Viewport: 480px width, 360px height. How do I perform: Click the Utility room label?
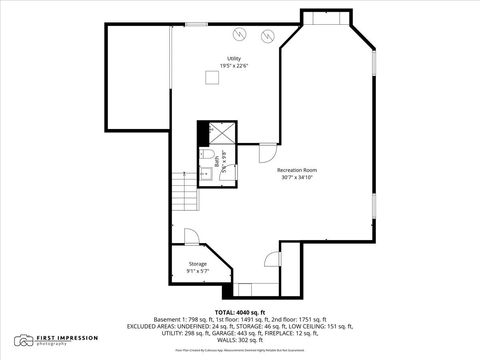point(234,59)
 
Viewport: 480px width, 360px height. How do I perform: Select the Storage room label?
point(197,264)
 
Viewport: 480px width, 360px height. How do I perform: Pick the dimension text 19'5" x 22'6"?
point(234,67)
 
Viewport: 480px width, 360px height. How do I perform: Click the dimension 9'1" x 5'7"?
point(197,272)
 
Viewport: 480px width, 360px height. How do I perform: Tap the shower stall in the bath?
point(221,133)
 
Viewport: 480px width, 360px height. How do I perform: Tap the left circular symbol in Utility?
point(239,33)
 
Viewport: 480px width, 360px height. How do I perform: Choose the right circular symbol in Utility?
point(267,36)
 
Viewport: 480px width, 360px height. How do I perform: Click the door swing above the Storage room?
point(191,238)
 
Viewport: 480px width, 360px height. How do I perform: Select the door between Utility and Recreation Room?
point(267,152)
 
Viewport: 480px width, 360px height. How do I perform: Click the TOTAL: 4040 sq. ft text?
point(240,313)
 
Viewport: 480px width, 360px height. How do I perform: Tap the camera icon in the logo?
point(24,341)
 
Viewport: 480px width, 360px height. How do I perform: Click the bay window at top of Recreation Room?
point(326,17)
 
